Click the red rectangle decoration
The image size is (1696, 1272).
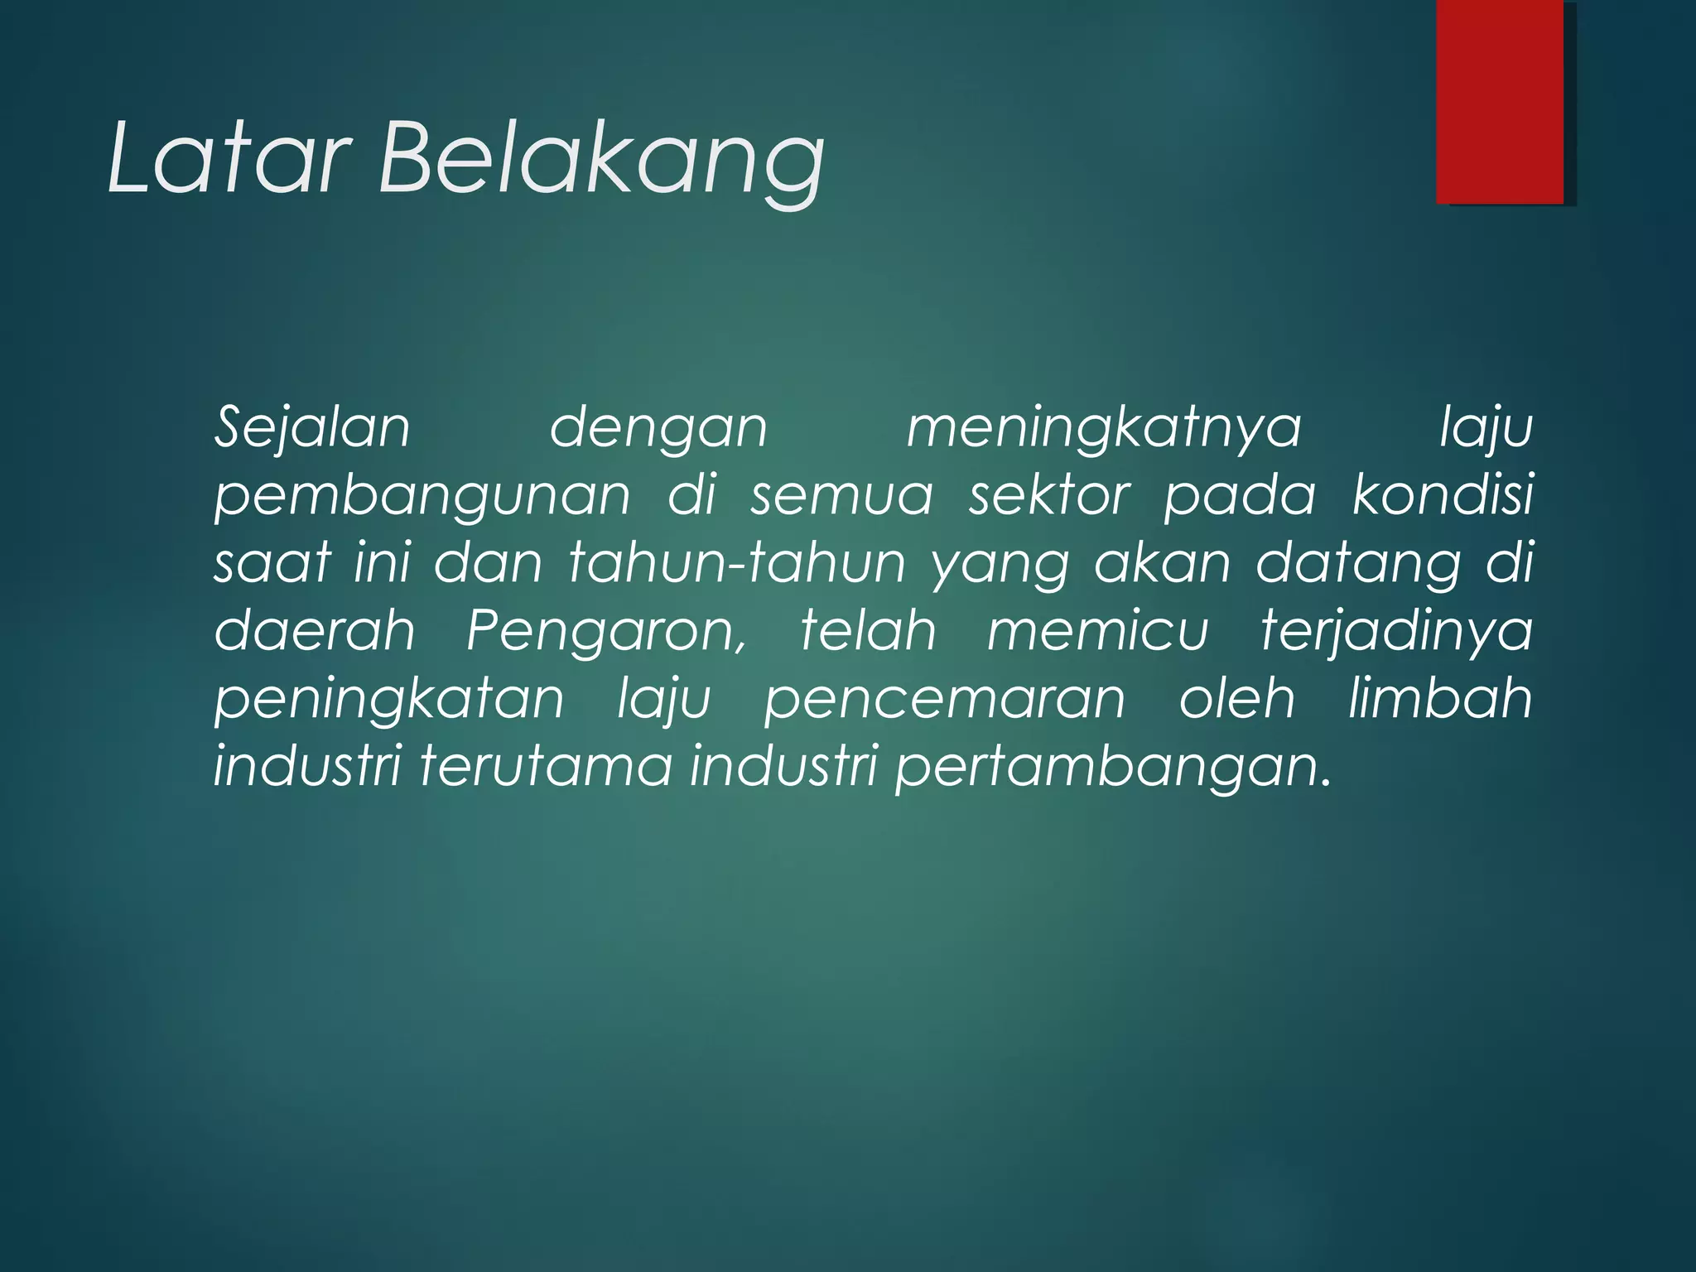point(1500,101)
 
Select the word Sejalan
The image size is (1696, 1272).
point(312,428)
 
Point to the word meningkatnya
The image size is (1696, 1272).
point(1104,428)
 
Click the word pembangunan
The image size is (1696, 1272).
point(422,496)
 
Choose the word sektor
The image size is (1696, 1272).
point(1049,495)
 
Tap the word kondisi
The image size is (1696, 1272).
point(1442,495)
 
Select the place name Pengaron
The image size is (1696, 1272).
point(606,632)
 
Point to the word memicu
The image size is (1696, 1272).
point(1098,631)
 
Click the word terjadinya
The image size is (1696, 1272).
point(1396,632)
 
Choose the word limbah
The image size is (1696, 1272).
point(1440,698)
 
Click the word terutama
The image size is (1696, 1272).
point(546,766)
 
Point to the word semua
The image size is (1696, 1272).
point(841,495)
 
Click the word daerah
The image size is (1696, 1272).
point(315,631)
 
